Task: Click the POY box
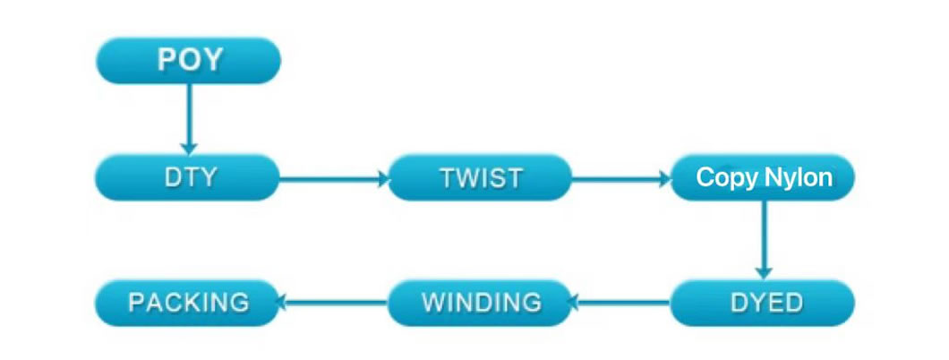click(x=189, y=61)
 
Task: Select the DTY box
click(x=188, y=178)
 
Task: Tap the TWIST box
click(x=479, y=178)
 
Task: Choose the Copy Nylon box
click(x=763, y=178)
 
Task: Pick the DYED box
click(x=763, y=303)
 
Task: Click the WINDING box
click(x=479, y=303)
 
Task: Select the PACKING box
click(x=188, y=303)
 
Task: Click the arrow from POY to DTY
click(x=189, y=119)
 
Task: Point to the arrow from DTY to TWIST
click(x=334, y=178)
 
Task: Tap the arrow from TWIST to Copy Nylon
click(x=621, y=178)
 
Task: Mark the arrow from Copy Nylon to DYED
click(x=764, y=240)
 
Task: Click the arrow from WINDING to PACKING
click(x=333, y=301)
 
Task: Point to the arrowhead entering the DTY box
click(x=189, y=149)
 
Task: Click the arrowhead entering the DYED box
click(x=764, y=273)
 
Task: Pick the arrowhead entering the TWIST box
click(x=383, y=178)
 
